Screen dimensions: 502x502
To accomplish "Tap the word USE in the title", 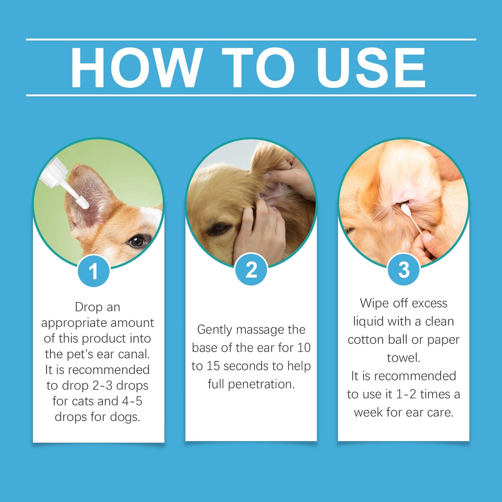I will click(x=370, y=68).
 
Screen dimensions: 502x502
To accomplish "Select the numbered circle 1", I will click(x=93, y=271).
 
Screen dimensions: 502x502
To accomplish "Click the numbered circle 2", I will click(x=251, y=270).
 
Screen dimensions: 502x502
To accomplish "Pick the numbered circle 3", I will click(x=403, y=270).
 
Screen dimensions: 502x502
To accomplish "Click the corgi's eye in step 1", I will click(x=137, y=241).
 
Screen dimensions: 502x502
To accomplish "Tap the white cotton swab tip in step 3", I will click(x=405, y=208).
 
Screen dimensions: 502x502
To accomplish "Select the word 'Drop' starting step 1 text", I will click(x=89, y=307).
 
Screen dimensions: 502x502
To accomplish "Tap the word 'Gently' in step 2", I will click(x=215, y=330).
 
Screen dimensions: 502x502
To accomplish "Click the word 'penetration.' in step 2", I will click(x=261, y=384).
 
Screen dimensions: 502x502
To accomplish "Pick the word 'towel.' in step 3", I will click(x=403, y=358).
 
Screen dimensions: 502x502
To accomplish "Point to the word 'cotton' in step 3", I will click(x=366, y=340).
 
